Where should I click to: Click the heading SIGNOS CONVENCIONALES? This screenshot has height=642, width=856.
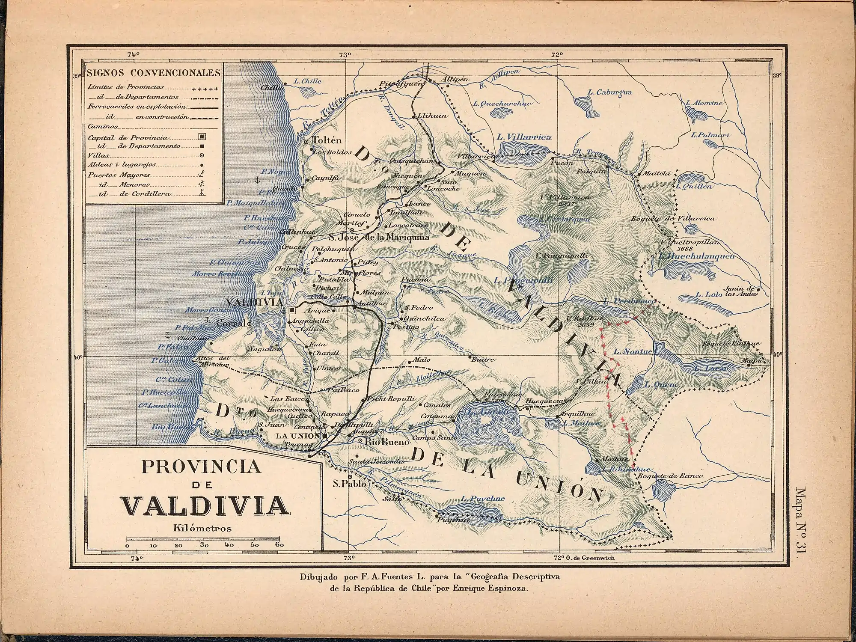tap(153, 72)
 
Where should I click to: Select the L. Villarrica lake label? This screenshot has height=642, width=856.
tap(524, 137)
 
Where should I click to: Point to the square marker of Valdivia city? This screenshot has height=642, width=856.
tap(291, 310)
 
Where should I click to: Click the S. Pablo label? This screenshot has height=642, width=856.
tap(350, 484)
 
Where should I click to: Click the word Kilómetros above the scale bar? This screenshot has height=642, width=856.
tap(202, 528)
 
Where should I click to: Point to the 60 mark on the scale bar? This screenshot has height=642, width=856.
tap(279, 545)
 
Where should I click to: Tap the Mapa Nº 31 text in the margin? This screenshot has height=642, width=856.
tap(799, 522)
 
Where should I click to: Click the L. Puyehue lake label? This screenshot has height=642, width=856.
tap(483, 498)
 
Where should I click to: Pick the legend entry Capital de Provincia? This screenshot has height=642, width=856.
tap(128, 137)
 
